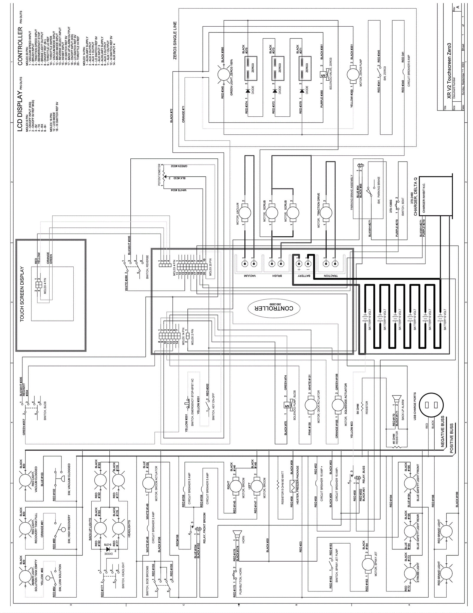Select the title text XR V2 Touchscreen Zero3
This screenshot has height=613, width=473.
point(449,71)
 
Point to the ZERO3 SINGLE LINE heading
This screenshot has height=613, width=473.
point(175,41)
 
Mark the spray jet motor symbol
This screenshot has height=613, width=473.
point(369,564)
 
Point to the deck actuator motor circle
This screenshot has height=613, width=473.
point(311,405)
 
